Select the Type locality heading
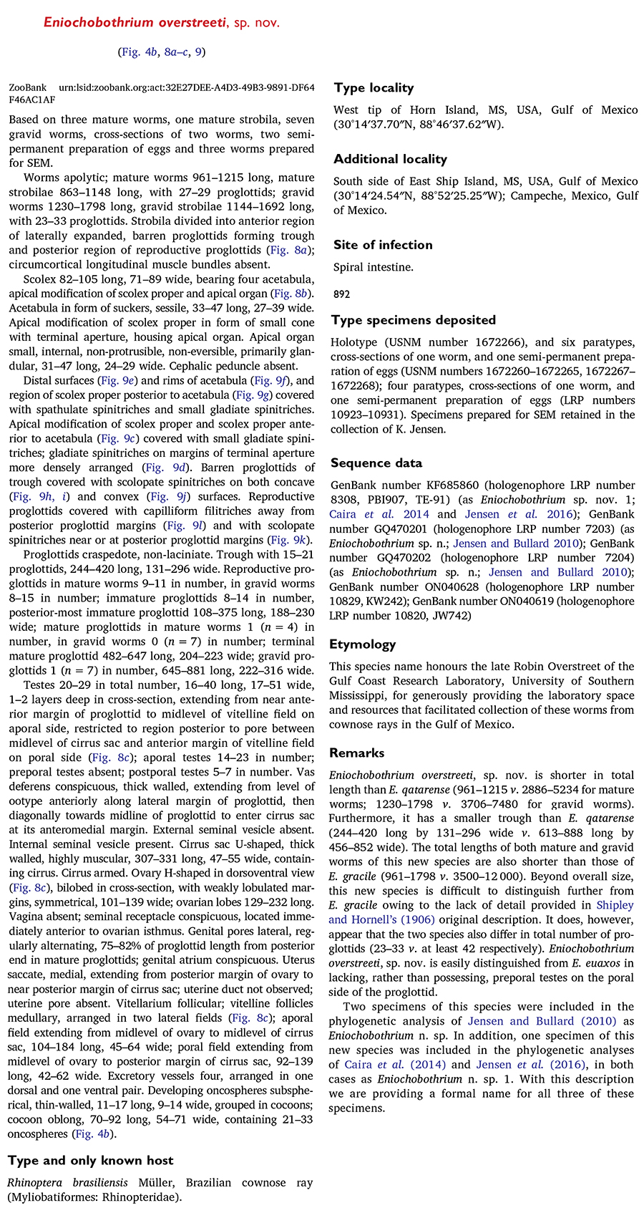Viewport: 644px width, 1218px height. pos(374,88)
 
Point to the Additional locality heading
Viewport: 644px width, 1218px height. pos(390,159)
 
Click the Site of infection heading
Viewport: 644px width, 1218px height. pos(383,245)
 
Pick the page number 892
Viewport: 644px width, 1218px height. pos(342,294)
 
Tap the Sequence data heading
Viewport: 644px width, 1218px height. pos(376,463)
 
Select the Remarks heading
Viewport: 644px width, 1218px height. pos(356,753)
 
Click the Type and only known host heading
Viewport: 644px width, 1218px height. pos(91,1161)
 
